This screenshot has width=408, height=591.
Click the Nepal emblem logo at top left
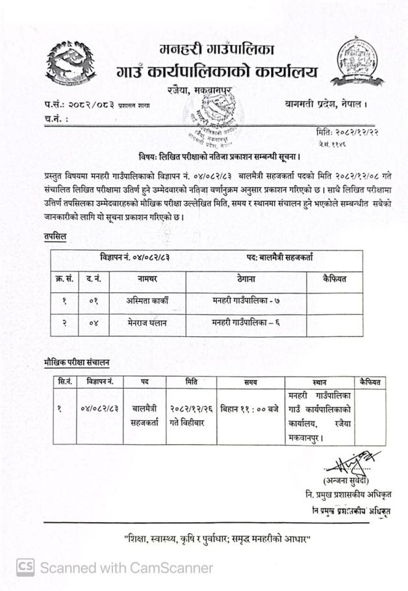coord(73,64)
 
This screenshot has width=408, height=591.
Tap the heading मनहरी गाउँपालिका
coord(216,49)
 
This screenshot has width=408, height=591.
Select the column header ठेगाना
coord(246,279)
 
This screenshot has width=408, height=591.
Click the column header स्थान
coord(318,383)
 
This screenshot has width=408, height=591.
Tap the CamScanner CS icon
coord(26,567)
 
